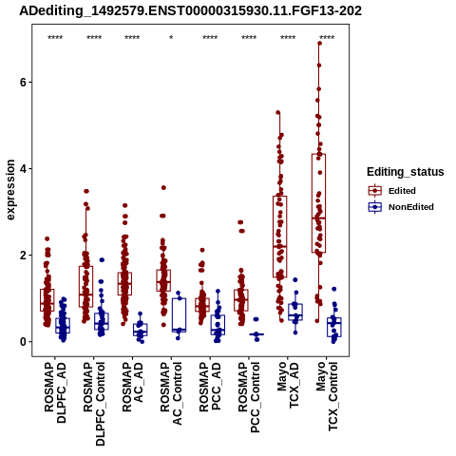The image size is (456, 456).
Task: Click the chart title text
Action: (x=190, y=11)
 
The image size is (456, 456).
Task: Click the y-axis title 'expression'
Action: (x=10, y=190)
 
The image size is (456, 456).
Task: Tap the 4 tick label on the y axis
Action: (x=22, y=169)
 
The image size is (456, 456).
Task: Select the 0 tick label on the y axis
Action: (x=22, y=342)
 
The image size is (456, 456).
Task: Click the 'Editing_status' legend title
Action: (x=406, y=172)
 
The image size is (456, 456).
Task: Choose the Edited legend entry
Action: (x=391, y=191)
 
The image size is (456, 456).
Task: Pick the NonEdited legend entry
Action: (x=401, y=207)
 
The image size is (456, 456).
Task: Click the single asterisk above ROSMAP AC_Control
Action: (x=171, y=38)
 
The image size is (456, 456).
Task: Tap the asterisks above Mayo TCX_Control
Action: (x=327, y=38)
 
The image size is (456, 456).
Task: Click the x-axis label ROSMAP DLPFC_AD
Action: (x=55, y=392)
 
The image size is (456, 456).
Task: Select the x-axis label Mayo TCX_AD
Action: (x=288, y=385)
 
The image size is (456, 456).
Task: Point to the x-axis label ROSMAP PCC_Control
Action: (x=249, y=397)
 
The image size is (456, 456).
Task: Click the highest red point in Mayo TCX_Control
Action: (x=319, y=44)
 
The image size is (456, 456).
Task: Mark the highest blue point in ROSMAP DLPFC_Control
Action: (x=102, y=260)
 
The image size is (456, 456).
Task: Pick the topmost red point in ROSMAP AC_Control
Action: (x=163, y=188)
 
